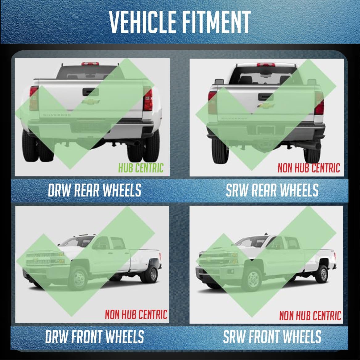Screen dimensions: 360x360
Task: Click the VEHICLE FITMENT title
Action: tap(180, 22)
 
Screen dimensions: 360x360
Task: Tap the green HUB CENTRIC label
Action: tap(141, 168)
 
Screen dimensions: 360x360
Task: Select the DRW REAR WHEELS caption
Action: tap(94, 190)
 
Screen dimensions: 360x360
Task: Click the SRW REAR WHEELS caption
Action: tap(272, 190)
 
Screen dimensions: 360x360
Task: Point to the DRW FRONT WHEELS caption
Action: tap(94, 337)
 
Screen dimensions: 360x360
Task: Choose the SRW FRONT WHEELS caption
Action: tap(272, 337)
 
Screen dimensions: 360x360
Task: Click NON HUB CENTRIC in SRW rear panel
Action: tap(309, 168)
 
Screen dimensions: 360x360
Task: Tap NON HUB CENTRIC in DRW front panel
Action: tap(136, 314)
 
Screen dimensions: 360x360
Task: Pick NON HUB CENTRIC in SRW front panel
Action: tap(310, 316)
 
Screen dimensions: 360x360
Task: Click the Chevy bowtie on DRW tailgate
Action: tap(91, 101)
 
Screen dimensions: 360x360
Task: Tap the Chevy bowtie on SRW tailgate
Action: tap(266, 106)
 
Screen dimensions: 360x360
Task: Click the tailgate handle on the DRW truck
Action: tap(91, 92)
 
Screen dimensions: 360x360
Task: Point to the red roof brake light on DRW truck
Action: tap(90, 64)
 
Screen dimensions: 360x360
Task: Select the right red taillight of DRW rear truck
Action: tap(148, 100)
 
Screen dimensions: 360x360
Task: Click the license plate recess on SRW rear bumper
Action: tap(266, 130)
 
